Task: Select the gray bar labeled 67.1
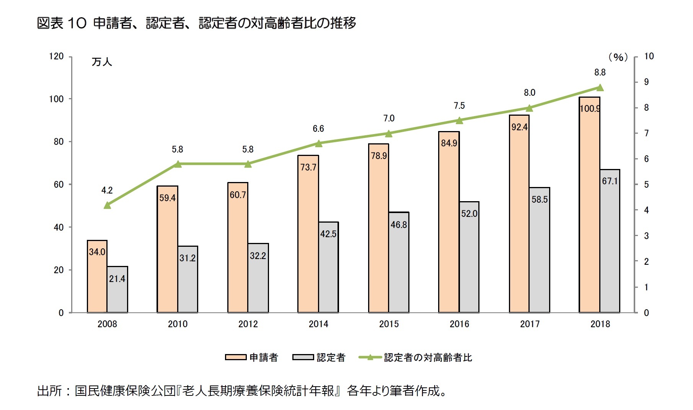pyautogui.click(x=610, y=245)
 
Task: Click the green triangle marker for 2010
pyautogui.click(x=178, y=164)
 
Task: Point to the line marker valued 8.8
pyautogui.click(x=600, y=88)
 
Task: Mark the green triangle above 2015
pyautogui.click(x=389, y=134)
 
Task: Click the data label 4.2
pyautogui.click(x=107, y=190)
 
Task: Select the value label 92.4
pyautogui.click(x=519, y=127)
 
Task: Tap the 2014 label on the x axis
pyautogui.click(x=318, y=324)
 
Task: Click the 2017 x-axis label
pyautogui.click(x=530, y=324)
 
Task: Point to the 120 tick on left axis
pyautogui.click(x=56, y=56)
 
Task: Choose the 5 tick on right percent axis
pyautogui.click(x=646, y=185)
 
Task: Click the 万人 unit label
pyautogui.click(x=101, y=62)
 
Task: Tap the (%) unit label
pyautogui.click(x=618, y=57)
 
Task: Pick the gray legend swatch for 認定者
pyautogui.click(x=303, y=357)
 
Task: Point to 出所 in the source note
pyautogui.click(x=49, y=391)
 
